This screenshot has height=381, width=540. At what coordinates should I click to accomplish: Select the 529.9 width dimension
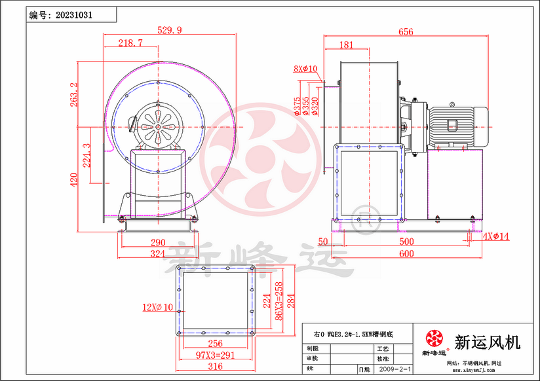pyautogui.click(x=170, y=29)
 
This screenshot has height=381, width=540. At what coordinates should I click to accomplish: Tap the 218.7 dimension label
pyautogui.click(x=130, y=43)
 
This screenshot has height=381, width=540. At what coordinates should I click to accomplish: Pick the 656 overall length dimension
pyautogui.click(x=406, y=31)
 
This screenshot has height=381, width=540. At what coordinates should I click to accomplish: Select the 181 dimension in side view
pyautogui.click(x=347, y=45)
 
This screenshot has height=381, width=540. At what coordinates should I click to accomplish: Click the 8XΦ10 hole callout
pyautogui.click(x=305, y=68)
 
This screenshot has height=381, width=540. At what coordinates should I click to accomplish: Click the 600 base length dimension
pyautogui.click(x=406, y=253)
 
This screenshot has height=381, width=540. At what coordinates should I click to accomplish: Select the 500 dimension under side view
pyautogui.click(x=406, y=242)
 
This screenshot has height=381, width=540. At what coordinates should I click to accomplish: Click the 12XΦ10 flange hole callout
pyautogui.click(x=157, y=306)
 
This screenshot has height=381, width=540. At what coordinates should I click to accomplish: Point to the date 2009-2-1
pyautogui.click(x=396, y=369)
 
